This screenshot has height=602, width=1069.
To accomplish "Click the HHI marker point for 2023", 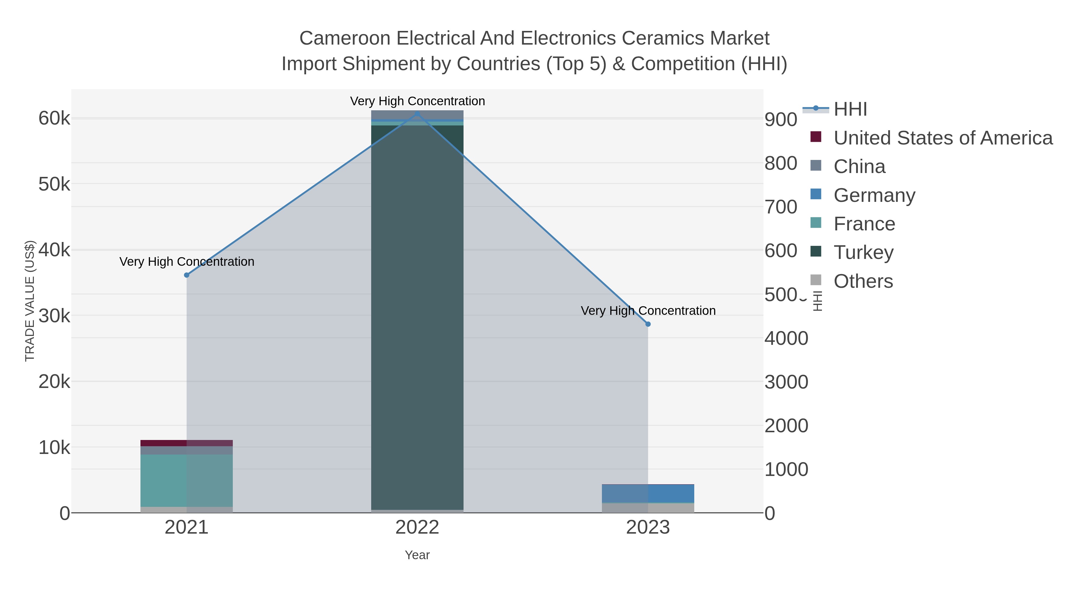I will click(648, 324).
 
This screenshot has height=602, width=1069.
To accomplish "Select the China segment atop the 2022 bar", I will click(417, 115).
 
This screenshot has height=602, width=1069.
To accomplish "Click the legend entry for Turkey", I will click(863, 252).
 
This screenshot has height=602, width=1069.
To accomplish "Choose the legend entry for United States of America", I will click(942, 138).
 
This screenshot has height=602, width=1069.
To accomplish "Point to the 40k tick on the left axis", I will click(54, 250).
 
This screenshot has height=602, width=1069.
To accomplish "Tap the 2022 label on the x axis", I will click(417, 528).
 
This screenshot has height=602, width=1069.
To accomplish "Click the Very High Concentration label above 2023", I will click(648, 311).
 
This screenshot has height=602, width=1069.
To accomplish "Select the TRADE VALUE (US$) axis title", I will click(30, 301).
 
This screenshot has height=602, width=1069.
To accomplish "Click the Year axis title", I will click(417, 555).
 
